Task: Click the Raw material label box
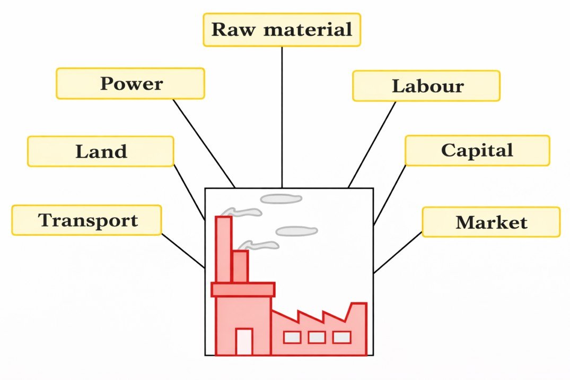click(x=282, y=30)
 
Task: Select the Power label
click(x=130, y=83)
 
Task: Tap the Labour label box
click(x=426, y=86)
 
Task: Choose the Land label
click(x=101, y=151)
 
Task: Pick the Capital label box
click(x=477, y=150)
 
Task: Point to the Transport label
click(x=87, y=220)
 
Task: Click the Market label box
click(x=491, y=222)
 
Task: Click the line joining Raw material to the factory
click(x=282, y=117)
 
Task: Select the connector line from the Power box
click(x=204, y=143)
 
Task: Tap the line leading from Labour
click(x=372, y=144)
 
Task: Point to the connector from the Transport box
click(x=183, y=250)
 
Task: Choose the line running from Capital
click(x=390, y=194)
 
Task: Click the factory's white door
click(x=244, y=342)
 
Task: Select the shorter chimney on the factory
click(x=240, y=266)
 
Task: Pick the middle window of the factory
click(x=317, y=337)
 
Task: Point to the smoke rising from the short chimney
click(x=259, y=245)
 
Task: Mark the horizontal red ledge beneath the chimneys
click(x=243, y=289)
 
